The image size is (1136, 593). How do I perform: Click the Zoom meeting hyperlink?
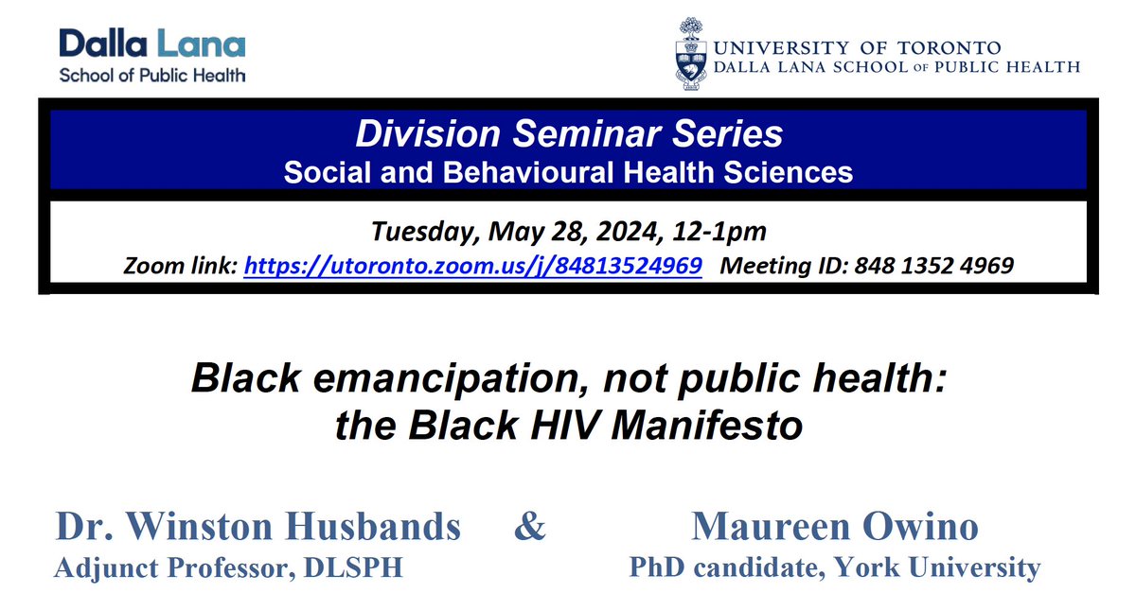(472, 268)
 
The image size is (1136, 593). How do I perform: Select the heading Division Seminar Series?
(569, 134)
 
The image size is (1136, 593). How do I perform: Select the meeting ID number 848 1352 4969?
(933, 268)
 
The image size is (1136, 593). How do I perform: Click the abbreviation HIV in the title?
(559, 425)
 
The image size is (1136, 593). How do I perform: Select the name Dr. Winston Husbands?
(258, 528)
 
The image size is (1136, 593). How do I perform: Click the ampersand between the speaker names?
(530, 527)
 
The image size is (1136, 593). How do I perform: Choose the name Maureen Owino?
(835, 528)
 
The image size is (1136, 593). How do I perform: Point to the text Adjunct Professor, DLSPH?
(229, 567)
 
